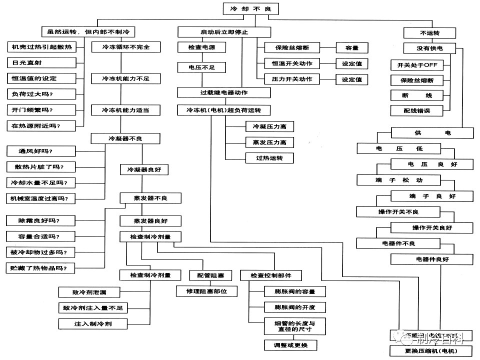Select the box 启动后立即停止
click(224, 32)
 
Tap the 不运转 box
click(430, 33)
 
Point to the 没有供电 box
click(430, 48)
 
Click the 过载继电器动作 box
click(224, 92)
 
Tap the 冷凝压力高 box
click(269, 127)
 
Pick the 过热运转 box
click(269, 158)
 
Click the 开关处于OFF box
click(417, 65)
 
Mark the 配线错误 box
click(417, 110)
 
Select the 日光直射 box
click(41, 63)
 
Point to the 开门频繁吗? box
click(41, 109)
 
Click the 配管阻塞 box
click(210, 275)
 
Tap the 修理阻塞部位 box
click(206, 291)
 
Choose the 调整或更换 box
click(291, 345)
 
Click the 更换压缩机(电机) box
click(431, 351)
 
